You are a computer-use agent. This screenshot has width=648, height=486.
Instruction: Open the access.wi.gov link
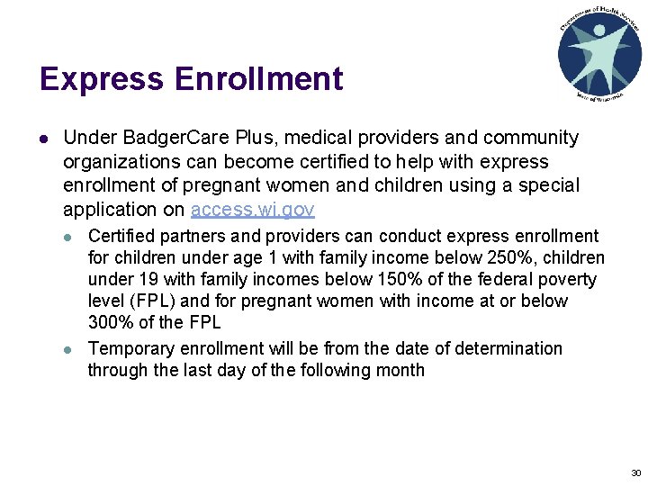pos(253,210)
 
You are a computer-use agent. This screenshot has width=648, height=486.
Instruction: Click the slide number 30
pos(635,472)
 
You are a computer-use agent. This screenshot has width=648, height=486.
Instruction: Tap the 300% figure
pos(109,323)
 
